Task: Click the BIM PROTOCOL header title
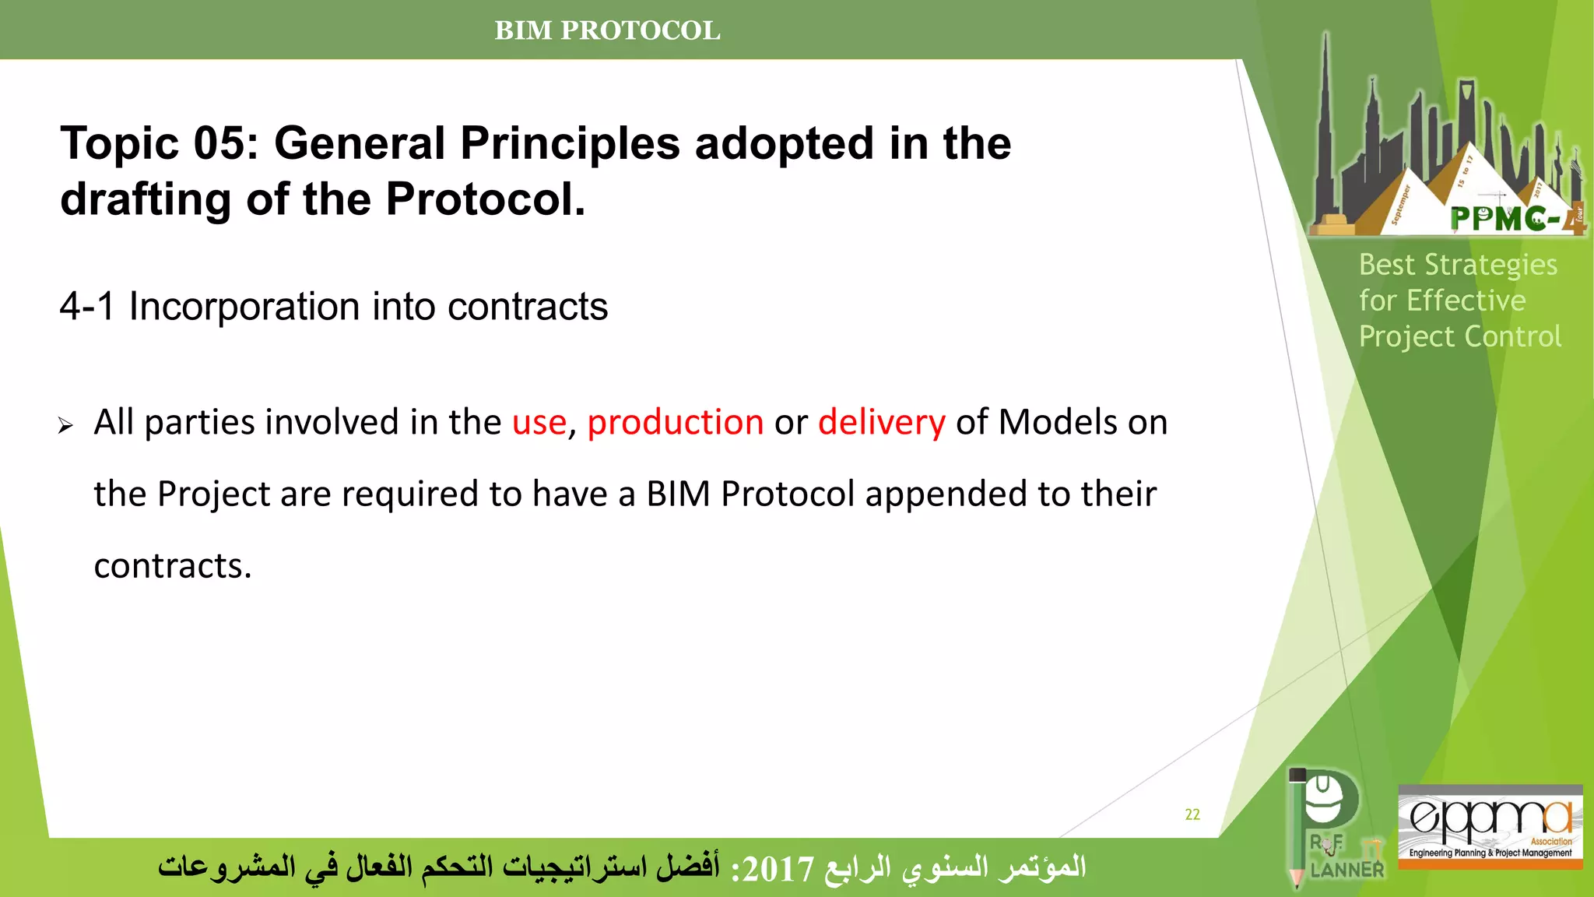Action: point(607,30)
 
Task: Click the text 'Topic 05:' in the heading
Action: point(159,144)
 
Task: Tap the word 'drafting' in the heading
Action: point(146,200)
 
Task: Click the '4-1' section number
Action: point(86,307)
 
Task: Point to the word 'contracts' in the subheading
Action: point(527,307)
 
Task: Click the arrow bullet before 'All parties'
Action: point(65,425)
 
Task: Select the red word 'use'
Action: point(539,423)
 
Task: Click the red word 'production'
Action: point(675,423)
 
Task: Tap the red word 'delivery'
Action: point(881,423)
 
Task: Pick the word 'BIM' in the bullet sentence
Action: point(678,494)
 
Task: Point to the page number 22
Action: point(1192,814)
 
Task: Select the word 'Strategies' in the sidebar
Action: point(1490,266)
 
